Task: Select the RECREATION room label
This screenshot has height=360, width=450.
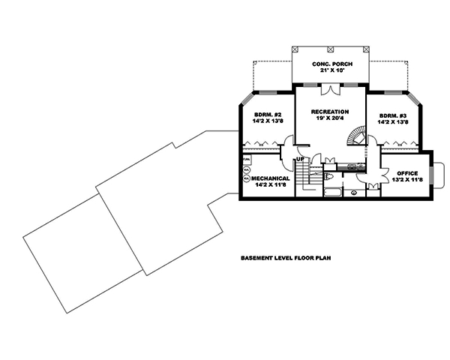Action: [x=330, y=111]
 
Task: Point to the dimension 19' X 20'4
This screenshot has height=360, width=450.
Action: [x=330, y=119]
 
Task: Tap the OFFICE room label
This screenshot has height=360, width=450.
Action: [x=407, y=172]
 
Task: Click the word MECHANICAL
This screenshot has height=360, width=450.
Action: [x=271, y=178]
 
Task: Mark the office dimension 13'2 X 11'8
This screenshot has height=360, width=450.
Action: [x=406, y=180]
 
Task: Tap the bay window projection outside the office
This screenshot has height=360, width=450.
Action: [x=439, y=174]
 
